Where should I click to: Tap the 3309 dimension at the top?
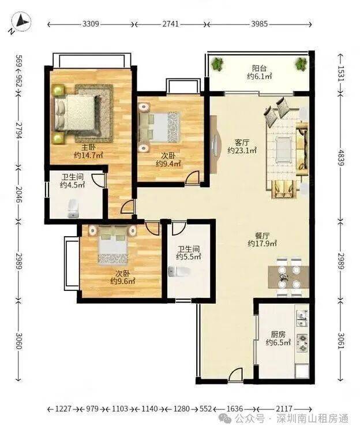point(91,24)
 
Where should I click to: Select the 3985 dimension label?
point(259,24)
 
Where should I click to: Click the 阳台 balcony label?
point(259,68)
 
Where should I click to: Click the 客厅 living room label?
point(242,143)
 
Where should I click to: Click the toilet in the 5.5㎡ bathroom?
point(179,272)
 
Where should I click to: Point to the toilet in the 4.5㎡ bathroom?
point(73,209)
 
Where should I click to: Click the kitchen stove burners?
point(303,343)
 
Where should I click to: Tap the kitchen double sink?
point(303,318)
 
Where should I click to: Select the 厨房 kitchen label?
point(278,335)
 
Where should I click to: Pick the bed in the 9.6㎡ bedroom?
point(114,244)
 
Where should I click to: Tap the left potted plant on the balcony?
point(217,64)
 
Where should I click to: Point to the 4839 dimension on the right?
point(341,158)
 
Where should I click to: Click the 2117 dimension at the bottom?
point(284,408)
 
